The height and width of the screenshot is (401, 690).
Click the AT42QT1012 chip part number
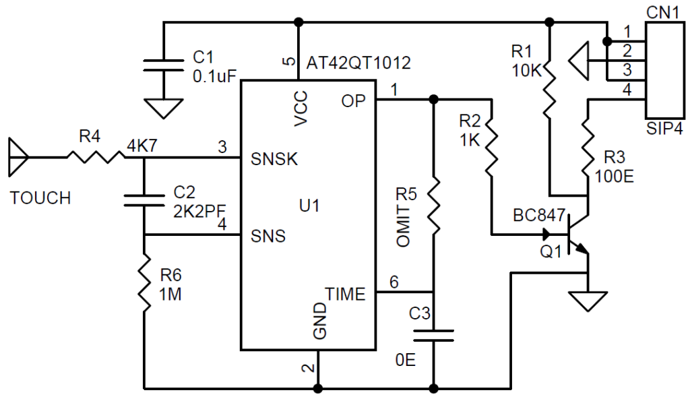click(358, 63)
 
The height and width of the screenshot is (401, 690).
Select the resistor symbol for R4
click(95, 157)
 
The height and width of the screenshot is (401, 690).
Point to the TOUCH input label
click(40, 197)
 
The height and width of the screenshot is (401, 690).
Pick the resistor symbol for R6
click(144, 283)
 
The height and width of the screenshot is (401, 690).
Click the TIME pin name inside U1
click(345, 294)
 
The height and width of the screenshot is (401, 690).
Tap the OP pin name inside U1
click(353, 101)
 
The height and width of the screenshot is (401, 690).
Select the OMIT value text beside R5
click(404, 226)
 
